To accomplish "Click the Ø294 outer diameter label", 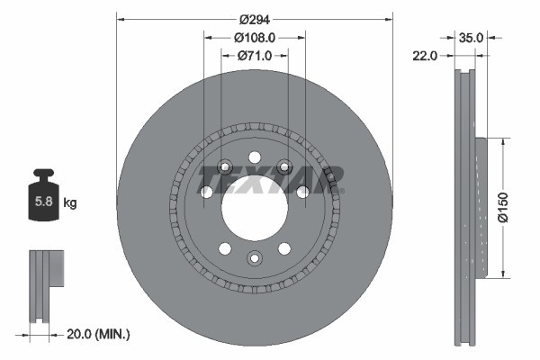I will point(254,19).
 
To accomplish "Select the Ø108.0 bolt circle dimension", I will point(254,38).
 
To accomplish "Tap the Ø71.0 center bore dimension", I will point(254,55).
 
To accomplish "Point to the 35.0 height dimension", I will point(472,38).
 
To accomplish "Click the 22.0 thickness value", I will point(425,56).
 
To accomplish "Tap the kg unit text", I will point(70,203).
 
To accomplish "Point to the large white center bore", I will point(254,208).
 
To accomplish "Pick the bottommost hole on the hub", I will point(254,260).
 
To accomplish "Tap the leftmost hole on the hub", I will point(206,192).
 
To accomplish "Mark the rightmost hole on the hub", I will point(303,192).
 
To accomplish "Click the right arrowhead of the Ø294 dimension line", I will point(388,19).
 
